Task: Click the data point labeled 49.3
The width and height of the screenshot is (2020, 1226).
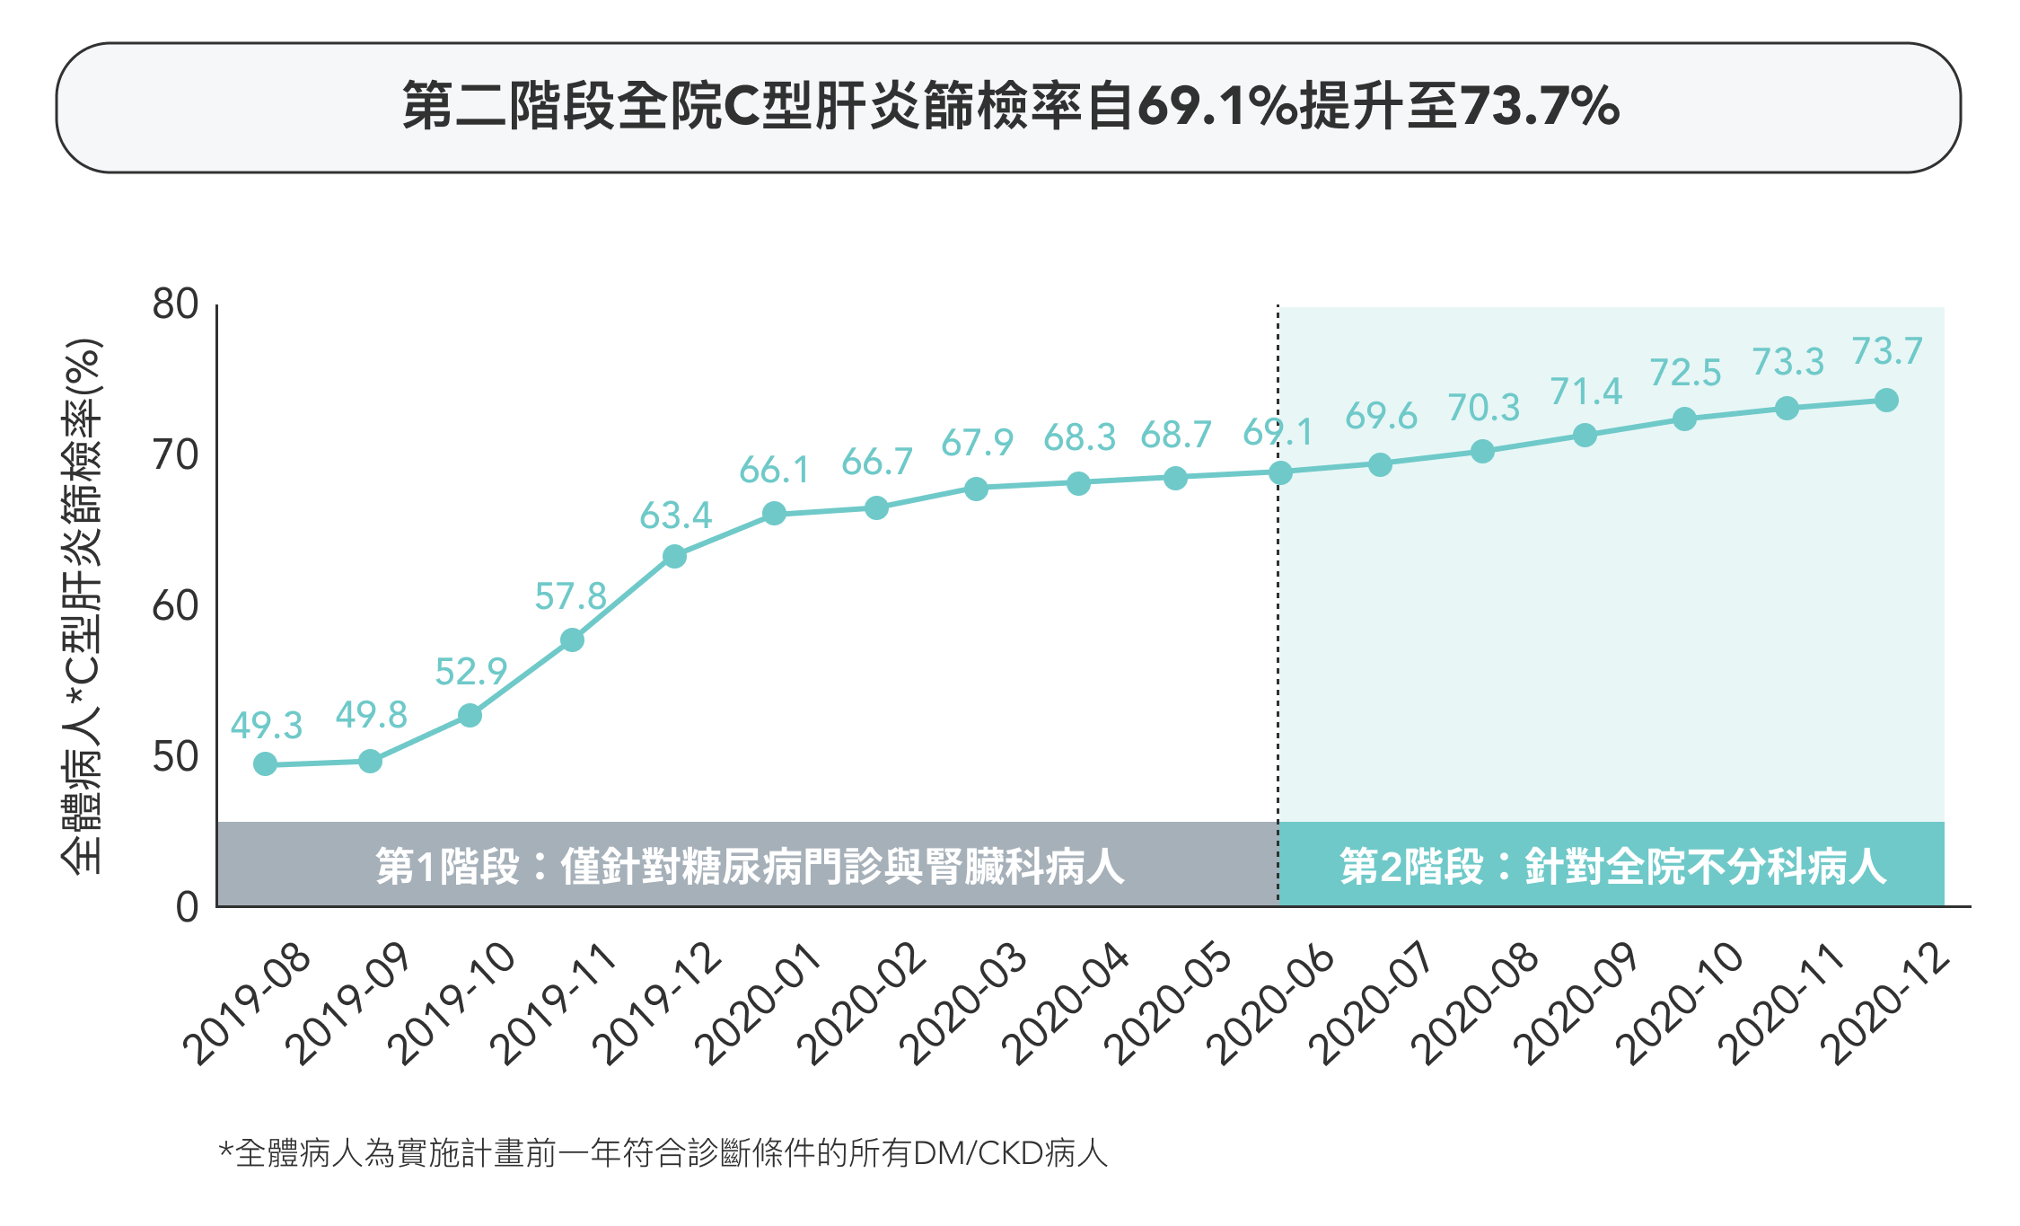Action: (265, 764)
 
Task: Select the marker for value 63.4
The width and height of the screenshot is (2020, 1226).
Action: (674, 557)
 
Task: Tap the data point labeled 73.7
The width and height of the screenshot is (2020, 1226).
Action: (1886, 401)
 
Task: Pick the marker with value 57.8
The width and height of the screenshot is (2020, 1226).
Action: (572, 640)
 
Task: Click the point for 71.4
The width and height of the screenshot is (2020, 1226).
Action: (1585, 436)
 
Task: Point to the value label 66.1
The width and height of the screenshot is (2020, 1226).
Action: (774, 471)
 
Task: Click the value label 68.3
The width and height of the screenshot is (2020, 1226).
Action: (1079, 438)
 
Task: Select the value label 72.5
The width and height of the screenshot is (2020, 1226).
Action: (1685, 373)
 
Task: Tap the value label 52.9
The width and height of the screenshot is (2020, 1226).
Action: (470, 672)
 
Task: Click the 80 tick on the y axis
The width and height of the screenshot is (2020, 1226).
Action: (176, 304)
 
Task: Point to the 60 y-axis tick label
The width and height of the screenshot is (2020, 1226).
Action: (176, 606)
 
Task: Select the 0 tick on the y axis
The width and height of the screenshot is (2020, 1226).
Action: (187, 907)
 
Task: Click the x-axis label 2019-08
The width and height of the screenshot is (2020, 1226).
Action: (248, 1004)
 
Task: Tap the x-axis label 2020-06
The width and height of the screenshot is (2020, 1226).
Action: (1271, 1004)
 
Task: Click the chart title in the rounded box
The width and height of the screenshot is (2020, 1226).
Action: (1009, 107)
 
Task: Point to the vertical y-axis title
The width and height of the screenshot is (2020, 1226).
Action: (83, 606)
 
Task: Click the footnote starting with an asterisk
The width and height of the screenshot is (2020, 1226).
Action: (663, 1153)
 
